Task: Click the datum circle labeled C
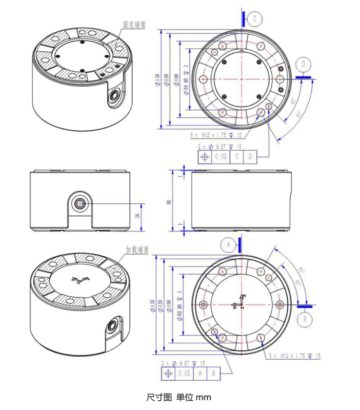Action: point(255,19)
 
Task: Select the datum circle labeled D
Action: point(304,64)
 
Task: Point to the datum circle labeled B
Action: point(305,318)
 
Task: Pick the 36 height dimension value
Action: point(137,216)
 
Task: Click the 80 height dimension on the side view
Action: point(169,202)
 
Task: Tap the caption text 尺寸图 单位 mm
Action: point(178,397)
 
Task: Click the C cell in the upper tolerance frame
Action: point(236,157)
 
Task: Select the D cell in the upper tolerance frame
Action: point(250,157)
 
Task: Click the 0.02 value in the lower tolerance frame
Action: point(184,374)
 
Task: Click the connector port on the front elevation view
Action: point(80,203)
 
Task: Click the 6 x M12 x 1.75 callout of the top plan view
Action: point(215,135)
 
